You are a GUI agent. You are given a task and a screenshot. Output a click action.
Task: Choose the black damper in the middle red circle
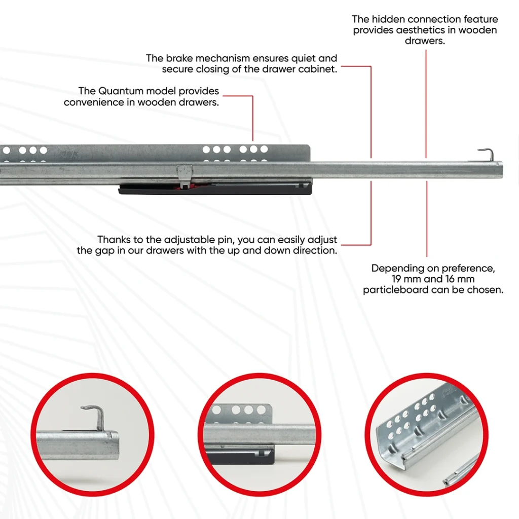pyautogui.click(x=243, y=454)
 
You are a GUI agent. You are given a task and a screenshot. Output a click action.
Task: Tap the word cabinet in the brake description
pyautogui.click(x=318, y=69)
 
